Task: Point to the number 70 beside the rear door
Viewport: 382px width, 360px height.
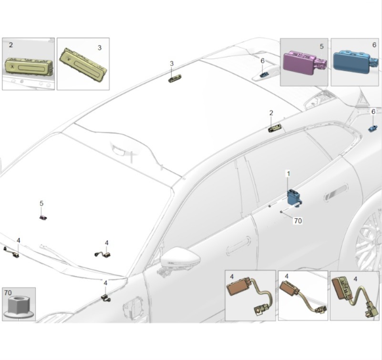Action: pyautogui.click(x=298, y=221)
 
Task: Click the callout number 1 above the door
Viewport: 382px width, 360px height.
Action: pyautogui.click(x=288, y=174)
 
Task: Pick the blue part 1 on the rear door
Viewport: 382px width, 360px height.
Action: pyautogui.click(x=293, y=197)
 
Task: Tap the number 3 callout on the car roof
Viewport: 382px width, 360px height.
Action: pyautogui.click(x=172, y=63)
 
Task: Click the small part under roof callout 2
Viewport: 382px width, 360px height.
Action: pyautogui.click(x=275, y=128)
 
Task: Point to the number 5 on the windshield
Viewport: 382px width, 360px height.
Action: pyautogui.click(x=41, y=204)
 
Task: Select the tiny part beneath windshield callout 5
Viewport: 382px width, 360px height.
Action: pyautogui.click(x=42, y=217)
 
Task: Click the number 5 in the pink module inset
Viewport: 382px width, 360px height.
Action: pyautogui.click(x=321, y=46)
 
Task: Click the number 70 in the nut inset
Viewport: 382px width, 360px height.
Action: pyautogui.click(x=8, y=292)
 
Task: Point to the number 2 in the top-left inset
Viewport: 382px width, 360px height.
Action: pyautogui.click(x=11, y=45)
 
